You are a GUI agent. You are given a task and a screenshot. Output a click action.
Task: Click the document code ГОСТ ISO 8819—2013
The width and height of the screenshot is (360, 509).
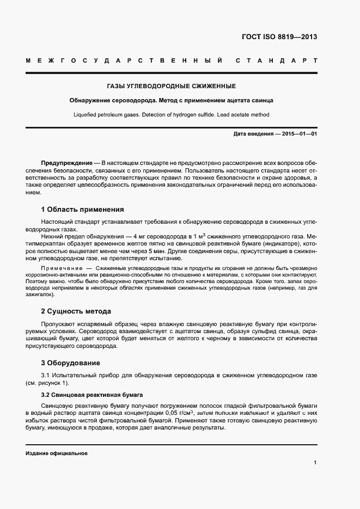tap(279, 38)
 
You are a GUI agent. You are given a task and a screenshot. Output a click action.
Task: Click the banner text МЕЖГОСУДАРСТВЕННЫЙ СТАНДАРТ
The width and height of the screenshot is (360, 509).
tap(171, 60)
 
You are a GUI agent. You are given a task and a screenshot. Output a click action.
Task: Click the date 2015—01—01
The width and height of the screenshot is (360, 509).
tap(299, 134)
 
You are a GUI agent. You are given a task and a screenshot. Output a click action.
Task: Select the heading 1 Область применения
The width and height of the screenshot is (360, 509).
tap(82, 209)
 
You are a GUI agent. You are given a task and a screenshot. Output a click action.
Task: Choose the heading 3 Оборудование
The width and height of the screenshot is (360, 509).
tap(70, 363)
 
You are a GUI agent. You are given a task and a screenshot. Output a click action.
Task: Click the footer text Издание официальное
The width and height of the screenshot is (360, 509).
tap(57, 453)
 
